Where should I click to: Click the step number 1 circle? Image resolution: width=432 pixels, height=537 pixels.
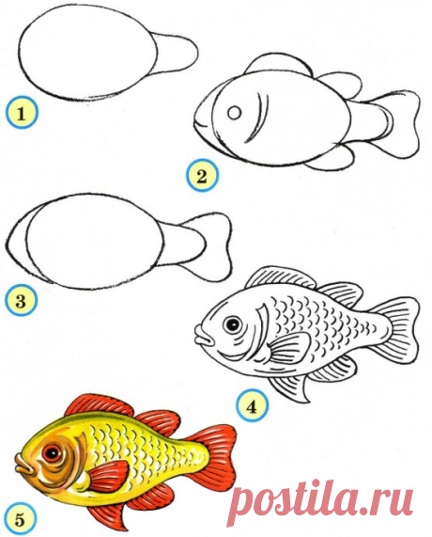pos(22,113)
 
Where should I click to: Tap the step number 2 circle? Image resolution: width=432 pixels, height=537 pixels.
pos(202,177)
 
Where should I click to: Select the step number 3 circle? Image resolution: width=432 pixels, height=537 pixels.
pos(22,302)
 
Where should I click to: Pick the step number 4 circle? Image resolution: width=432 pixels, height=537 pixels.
pos(252,407)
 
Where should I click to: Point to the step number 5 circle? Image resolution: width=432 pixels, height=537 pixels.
pos(20,520)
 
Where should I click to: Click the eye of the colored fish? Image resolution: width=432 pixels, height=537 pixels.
pos(52,454)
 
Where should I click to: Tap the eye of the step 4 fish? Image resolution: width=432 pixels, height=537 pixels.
pos(232,324)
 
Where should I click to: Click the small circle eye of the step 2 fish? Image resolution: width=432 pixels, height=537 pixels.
pos(235,112)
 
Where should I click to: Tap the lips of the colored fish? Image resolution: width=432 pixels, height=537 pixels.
pos(24,466)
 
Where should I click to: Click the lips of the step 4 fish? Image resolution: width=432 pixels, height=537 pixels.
pos(204,337)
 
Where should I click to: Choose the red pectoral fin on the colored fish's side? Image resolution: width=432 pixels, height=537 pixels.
pos(107,477)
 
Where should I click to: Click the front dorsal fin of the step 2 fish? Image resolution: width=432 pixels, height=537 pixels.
pos(278,64)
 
